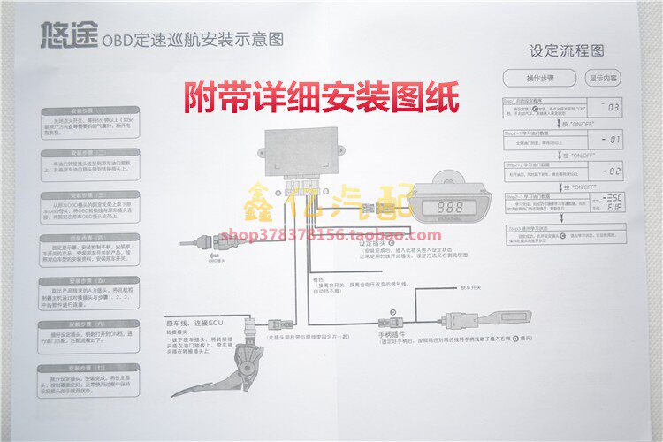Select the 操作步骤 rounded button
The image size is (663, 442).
pos(533,78)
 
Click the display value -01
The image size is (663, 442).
pos(611,139)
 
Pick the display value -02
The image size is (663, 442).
pos(611,169)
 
